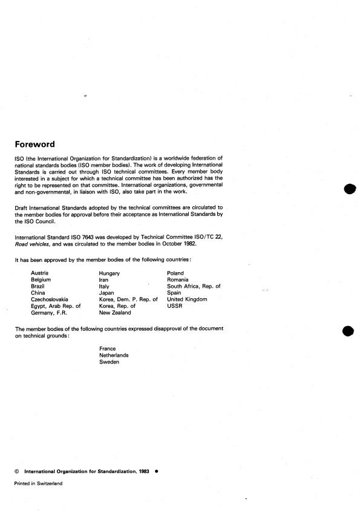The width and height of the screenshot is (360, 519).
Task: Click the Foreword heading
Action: pyautogui.click(x=34, y=145)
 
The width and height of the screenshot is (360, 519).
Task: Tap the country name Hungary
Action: pyautogui.click(x=110, y=273)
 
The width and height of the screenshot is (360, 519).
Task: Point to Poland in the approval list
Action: pyautogui.click(x=176, y=273)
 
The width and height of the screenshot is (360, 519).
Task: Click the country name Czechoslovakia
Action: pyautogui.click(x=50, y=299)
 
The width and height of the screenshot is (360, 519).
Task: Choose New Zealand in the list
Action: pyautogui.click(x=115, y=312)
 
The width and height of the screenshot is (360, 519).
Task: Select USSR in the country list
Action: pyautogui.click(x=174, y=305)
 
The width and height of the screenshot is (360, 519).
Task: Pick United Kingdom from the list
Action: pyautogui.click(x=187, y=299)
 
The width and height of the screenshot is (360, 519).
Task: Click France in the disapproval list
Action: pyautogui.click(x=108, y=349)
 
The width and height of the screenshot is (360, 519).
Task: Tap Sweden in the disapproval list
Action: pyautogui.click(x=110, y=362)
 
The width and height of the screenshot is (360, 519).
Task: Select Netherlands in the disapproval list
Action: pyautogui.click(x=114, y=355)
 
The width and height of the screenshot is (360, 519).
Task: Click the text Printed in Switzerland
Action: pyautogui.click(x=38, y=483)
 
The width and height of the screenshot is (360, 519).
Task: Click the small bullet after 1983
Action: pyautogui.click(x=156, y=470)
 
